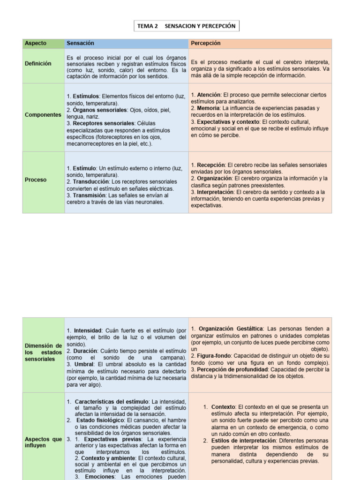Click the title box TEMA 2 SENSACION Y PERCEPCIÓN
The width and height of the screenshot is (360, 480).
click(x=186, y=26)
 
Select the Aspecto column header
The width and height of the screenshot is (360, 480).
click(x=36, y=44)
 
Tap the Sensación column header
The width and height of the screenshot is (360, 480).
click(x=77, y=44)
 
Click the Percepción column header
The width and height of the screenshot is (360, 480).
click(x=205, y=44)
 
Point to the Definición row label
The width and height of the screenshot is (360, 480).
click(x=38, y=63)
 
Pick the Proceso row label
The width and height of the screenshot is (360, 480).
click(x=36, y=180)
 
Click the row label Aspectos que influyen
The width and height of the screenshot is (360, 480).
click(x=43, y=442)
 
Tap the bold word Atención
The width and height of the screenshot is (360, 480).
click(x=208, y=95)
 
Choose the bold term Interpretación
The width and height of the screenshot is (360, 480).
click(x=214, y=192)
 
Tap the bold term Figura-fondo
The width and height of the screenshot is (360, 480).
click(x=213, y=356)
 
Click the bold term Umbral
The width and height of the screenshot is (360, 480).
click(x=81, y=364)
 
